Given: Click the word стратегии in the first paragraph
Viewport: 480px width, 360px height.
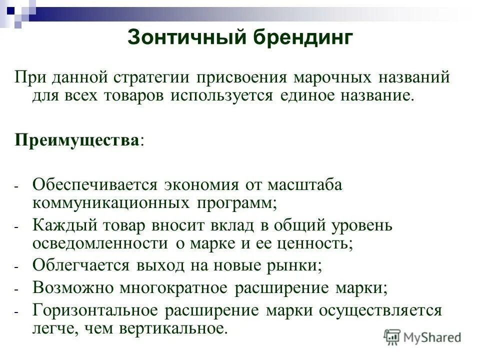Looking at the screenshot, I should coord(152,78).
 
